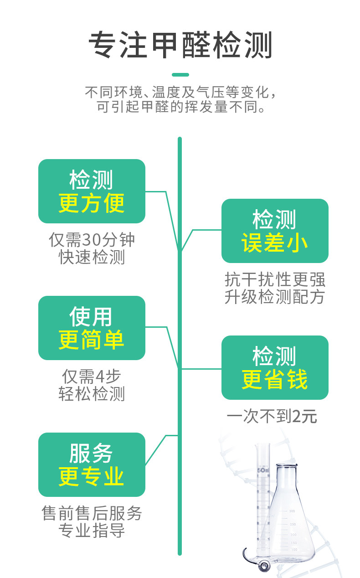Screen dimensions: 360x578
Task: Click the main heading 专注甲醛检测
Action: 180,46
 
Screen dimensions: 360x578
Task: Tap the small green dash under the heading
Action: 180,75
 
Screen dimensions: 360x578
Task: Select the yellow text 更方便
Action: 92,203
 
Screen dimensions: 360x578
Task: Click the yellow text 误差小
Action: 275,243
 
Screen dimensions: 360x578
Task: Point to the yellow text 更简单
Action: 92,340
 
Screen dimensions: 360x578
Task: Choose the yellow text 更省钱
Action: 275,379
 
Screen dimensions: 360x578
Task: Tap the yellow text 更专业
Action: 92,476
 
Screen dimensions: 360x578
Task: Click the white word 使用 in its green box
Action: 91,317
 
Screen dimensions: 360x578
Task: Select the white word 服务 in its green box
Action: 91,454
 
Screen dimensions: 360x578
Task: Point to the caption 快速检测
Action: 92,258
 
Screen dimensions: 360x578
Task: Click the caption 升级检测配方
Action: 275,297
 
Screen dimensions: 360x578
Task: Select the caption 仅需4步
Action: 92,377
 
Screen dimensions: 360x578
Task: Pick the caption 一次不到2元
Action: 272,417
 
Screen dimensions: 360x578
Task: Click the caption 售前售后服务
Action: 92,514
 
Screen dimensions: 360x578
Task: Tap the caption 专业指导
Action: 92,531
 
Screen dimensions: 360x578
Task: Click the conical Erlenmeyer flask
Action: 290,524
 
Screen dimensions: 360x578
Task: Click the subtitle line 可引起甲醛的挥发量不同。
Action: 181,108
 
